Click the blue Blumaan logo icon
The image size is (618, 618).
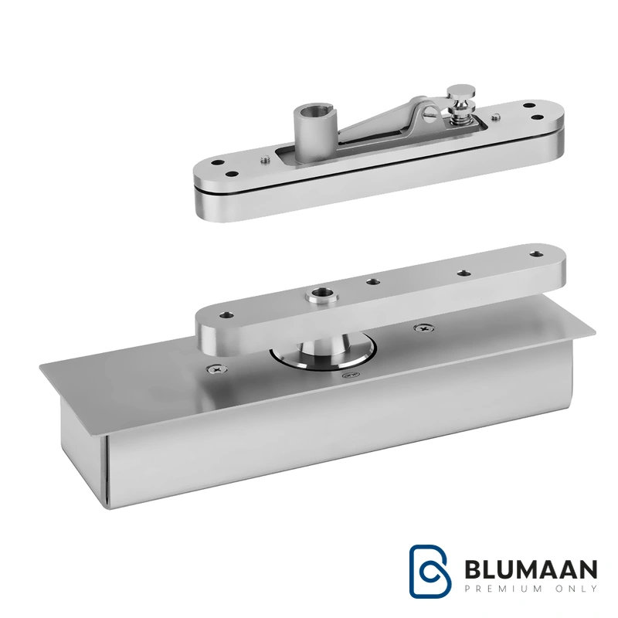430,571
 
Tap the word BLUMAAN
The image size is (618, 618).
531,569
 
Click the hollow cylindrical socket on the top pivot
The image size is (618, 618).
311,134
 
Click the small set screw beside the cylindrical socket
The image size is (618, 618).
265,159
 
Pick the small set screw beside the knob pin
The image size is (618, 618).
497,117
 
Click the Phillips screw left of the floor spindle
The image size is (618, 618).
217,369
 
